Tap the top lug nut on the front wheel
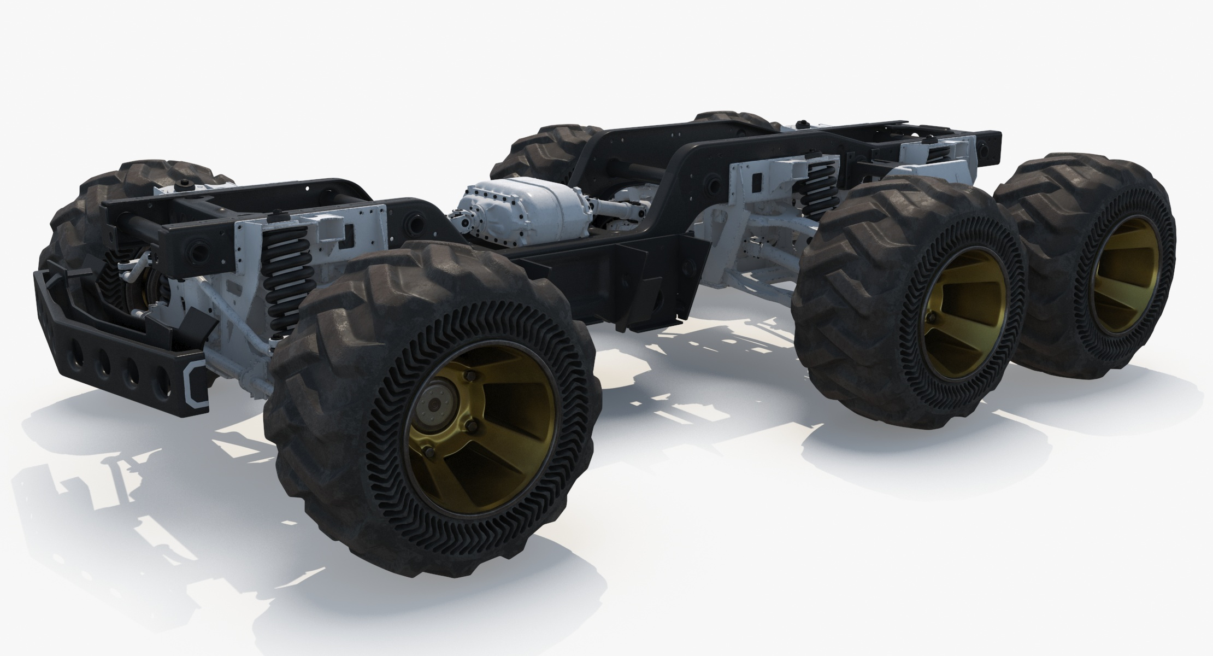469,376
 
